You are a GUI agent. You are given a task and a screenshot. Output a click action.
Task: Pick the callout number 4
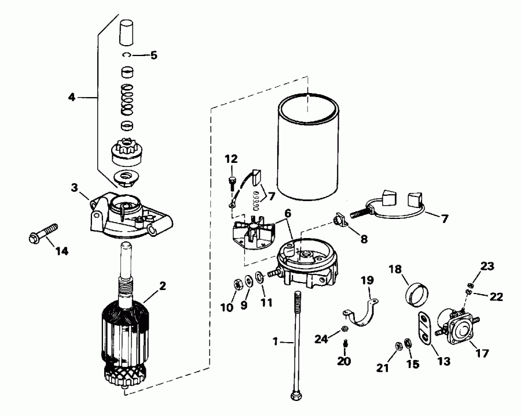(x=72, y=97)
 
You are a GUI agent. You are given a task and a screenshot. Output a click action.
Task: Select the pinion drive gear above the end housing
(x=126, y=153)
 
